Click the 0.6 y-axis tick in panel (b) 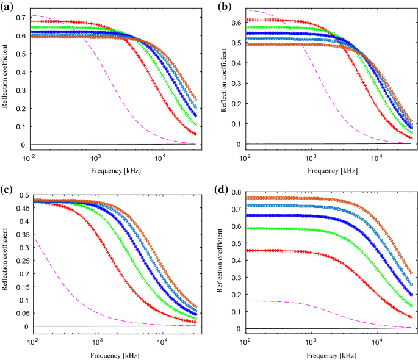[x=236, y=22]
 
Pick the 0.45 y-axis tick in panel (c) [x=18, y=208]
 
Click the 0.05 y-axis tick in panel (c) [x=18, y=314]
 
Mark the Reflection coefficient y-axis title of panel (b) [x=223, y=77]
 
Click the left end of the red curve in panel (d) [x=247, y=250]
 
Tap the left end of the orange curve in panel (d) [x=247, y=198]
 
